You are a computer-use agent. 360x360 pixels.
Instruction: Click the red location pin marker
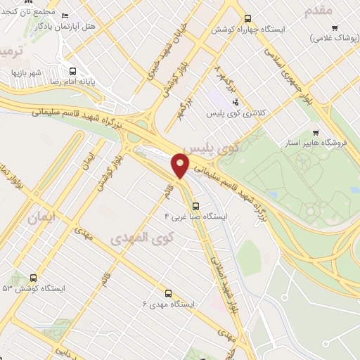point(180,165)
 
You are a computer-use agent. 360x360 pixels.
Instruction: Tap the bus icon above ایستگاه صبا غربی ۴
point(195,207)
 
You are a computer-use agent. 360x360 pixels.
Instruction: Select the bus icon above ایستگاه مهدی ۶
point(168,292)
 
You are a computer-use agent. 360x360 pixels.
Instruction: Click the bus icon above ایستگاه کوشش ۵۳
point(32,278)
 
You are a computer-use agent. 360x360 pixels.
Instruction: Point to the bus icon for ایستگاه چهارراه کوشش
point(247,19)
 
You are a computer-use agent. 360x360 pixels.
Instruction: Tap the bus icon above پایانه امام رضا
point(72,70)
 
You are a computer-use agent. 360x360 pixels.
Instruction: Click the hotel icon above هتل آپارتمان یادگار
point(65,16)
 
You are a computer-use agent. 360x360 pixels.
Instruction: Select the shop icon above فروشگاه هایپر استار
point(316,132)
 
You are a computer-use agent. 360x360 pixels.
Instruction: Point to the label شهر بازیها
point(27,72)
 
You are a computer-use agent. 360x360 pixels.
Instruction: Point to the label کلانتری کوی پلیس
point(231,112)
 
